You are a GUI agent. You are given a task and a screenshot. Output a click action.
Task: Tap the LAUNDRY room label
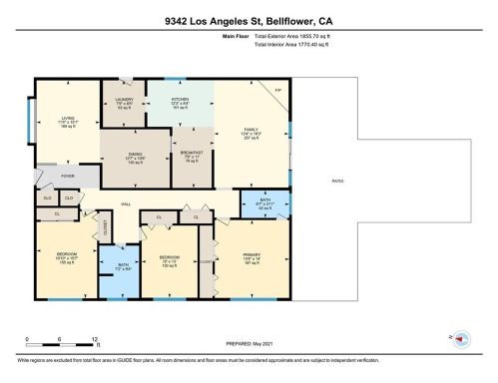coord(124,99)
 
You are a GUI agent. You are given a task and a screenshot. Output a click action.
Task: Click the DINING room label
coord(135,155)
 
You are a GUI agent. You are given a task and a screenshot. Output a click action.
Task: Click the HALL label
coord(127,203)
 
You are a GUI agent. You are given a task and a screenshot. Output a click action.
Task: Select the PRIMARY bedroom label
coord(251,254)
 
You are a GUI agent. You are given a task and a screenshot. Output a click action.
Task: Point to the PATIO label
coord(338,181)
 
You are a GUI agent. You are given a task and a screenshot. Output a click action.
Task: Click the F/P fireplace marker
coord(276,91)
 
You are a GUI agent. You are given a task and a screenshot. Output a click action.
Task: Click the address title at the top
coord(249,19)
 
